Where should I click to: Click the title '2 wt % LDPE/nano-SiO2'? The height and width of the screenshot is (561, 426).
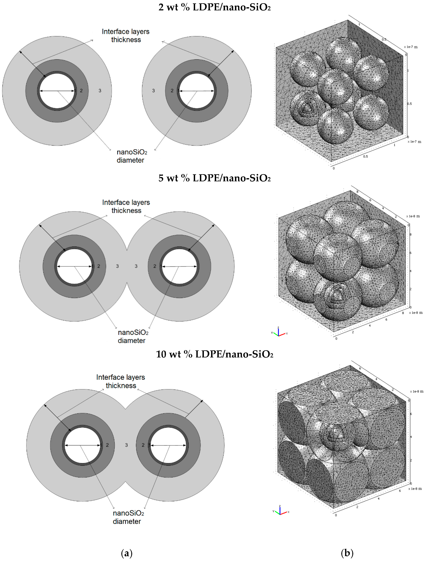[x=215, y=7]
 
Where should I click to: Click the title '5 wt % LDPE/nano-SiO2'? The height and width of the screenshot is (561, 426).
[x=215, y=178]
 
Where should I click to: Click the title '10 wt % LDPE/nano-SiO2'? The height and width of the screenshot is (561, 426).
[x=215, y=354]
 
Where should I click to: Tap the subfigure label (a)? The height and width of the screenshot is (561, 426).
[x=127, y=553]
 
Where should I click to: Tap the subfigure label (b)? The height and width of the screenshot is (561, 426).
[x=347, y=553]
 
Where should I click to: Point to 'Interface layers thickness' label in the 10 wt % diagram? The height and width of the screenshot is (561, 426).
[x=121, y=381]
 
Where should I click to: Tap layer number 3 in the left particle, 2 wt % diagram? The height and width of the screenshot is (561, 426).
[x=100, y=91]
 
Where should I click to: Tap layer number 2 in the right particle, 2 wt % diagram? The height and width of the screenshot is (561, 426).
[x=172, y=91]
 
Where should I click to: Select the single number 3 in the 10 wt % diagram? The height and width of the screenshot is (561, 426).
[x=126, y=445]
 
